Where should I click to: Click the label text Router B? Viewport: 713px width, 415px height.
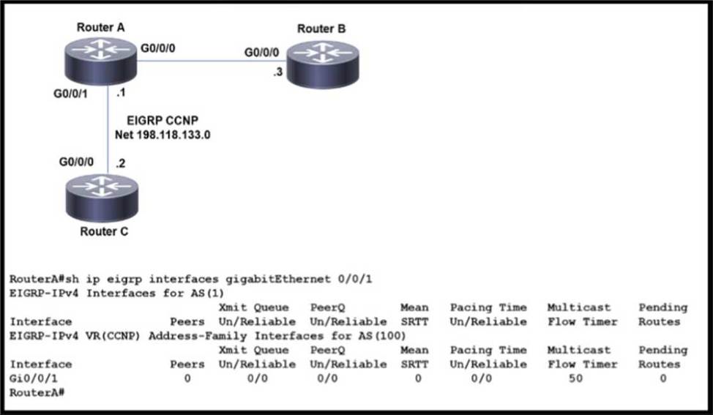click(321, 29)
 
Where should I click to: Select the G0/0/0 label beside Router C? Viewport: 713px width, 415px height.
click(77, 161)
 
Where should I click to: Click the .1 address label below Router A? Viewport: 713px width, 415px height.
click(121, 94)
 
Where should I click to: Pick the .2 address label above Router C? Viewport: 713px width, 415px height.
click(120, 162)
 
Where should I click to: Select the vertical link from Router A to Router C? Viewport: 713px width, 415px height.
click(108, 132)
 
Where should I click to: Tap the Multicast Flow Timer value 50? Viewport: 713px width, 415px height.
click(575, 378)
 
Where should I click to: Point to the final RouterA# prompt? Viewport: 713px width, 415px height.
click(32, 392)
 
